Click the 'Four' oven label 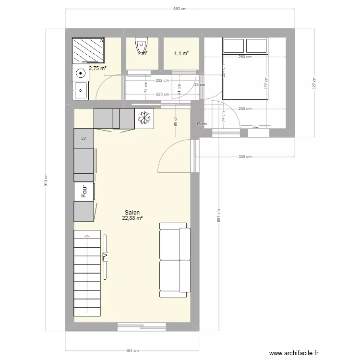click(84, 192)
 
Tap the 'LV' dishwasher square click(84, 138)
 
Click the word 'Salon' click(132, 212)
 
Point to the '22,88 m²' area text click(133, 218)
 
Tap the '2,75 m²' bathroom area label click(97, 68)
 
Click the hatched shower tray click(88, 50)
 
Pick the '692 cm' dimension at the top click(180, 9)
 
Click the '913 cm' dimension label click(46, 180)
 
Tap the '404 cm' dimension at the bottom click(132, 351)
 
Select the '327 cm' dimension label click(314, 83)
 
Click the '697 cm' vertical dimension click(218, 216)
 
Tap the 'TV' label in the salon click(105, 257)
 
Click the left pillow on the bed click(234, 46)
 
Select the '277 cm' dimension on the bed click(265, 84)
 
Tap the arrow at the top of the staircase click(87, 236)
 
